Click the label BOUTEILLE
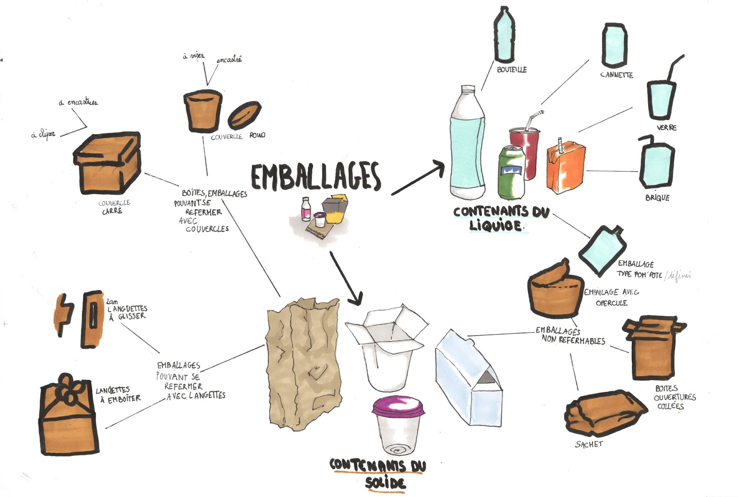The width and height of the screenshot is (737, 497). pyautogui.click(x=511, y=70)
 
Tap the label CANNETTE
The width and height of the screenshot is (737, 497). pyautogui.click(x=616, y=75)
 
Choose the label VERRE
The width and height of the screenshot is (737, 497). pyautogui.click(x=666, y=127)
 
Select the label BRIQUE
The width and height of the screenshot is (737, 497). pyautogui.click(x=657, y=198)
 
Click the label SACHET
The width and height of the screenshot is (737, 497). pyautogui.click(x=589, y=444)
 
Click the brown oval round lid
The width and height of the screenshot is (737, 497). pyautogui.click(x=245, y=114)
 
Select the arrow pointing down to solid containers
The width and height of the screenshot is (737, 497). pyautogui.click(x=346, y=279)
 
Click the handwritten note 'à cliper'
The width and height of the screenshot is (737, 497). pyautogui.click(x=43, y=135)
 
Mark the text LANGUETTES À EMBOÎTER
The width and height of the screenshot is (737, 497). pyautogui.click(x=118, y=395)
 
